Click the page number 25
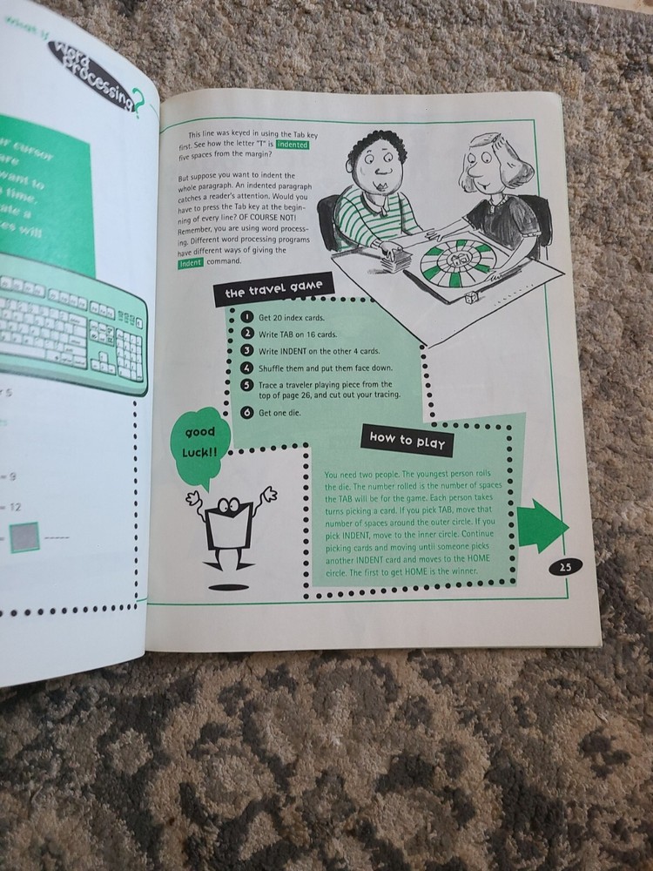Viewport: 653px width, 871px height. point(564,566)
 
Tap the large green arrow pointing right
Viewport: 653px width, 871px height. point(541,526)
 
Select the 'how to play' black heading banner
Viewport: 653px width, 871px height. point(407,441)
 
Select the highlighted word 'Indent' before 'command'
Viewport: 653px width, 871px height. point(190,262)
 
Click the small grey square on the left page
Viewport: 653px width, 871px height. point(24,537)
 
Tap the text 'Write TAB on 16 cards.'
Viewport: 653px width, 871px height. point(297,334)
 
